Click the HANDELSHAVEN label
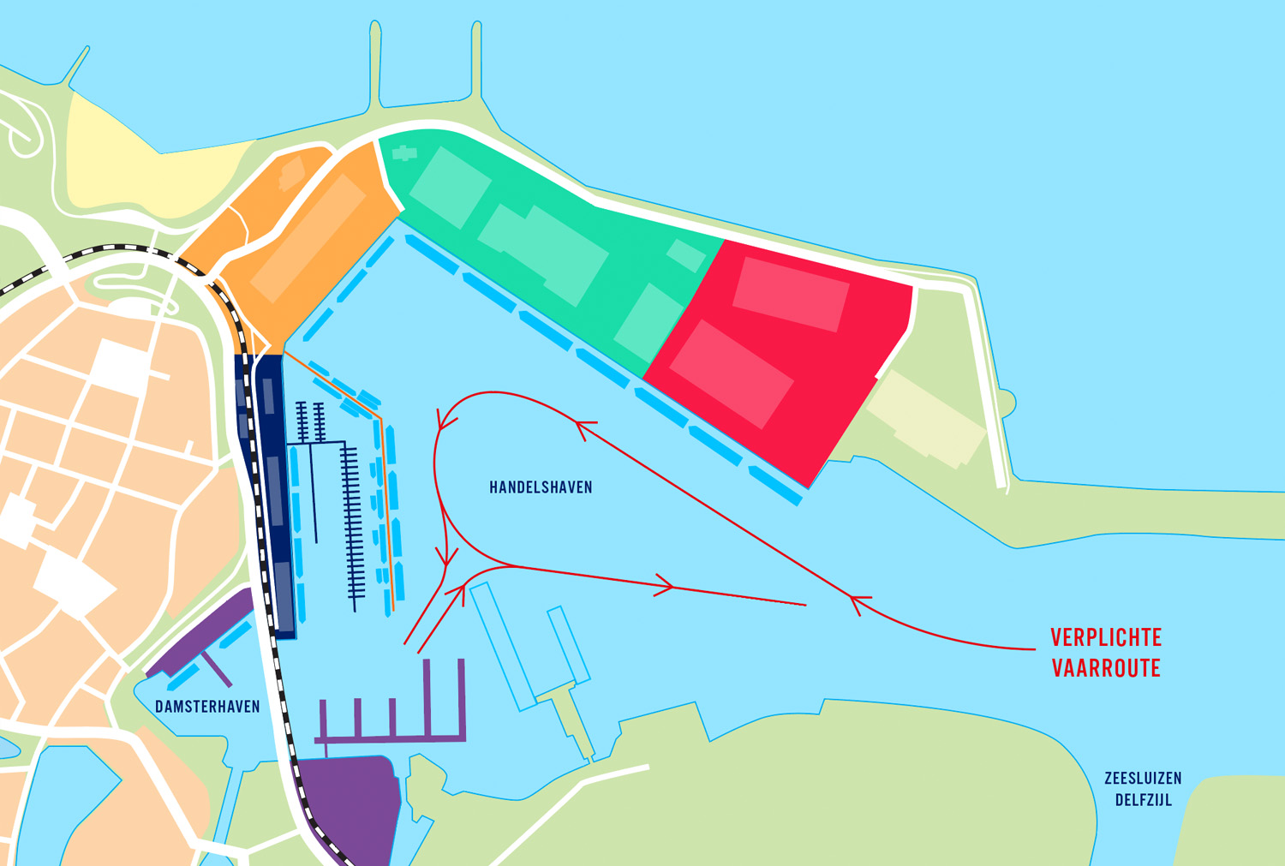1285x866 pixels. [x=541, y=487]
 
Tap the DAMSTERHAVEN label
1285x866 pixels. [x=207, y=707]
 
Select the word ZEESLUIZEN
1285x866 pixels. [x=1143, y=779]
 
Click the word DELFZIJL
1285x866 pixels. [x=1143, y=800]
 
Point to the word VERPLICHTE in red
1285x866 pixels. [x=1106, y=637]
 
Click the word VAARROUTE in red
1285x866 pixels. [x=1106, y=668]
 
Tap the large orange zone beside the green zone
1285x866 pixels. [x=317, y=248]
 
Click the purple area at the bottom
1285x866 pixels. [x=347, y=805]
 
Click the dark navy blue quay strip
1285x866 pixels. [x=272, y=497]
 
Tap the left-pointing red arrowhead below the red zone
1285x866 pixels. [x=585, y=426]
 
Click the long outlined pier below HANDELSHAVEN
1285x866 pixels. [x=504, y=647]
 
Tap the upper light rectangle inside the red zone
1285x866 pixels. [x=790, y=294]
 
